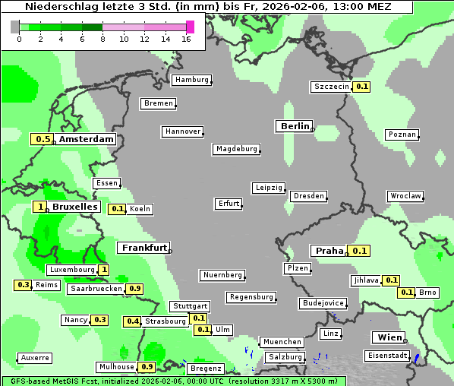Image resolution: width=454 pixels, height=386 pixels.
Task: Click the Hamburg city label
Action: pyautogui.click(x=191, y=80)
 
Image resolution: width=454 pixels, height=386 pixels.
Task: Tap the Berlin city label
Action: pyautogui.click(x=294, y=126)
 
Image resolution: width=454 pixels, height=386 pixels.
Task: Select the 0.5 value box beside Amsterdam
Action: pyautogui.click(x=43, y=139)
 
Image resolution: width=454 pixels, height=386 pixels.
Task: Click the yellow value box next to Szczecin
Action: pyautogui.click(x=362, y=87)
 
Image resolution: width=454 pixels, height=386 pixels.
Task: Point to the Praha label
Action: pyautogui.click(x=329, y=251)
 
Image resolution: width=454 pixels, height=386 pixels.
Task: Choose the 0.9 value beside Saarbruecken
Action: pyautogui.click(x=135, y=289)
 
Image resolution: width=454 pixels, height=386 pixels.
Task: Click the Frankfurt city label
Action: pyautogui.click(x=143, y=248)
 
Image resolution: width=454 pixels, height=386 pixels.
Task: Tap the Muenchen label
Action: pyautogui.click(x=282, y=342)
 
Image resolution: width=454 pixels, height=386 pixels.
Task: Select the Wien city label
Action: pyautogui.click(x=387, y=337)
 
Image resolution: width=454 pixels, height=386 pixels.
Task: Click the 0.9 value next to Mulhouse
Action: pyautogui.click(x=148, y=367)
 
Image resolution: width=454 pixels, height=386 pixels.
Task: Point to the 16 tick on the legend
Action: pyautogui.click(x=187, y=38)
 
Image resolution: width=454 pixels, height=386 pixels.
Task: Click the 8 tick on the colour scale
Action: pyautogui.click(x=102, y=38)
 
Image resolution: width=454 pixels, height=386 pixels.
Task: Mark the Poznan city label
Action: pyautogui.click(x=402, y=134)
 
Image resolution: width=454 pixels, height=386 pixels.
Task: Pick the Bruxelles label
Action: pyautogui.click(x=74, y=207)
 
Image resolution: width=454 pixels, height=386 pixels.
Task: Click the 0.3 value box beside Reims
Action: pyautogui.click(x=23, y=285)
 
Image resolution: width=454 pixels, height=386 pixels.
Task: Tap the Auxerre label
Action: pyautogui.click(x=35, y=357)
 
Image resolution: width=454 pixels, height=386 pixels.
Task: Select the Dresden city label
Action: pyautogui.click(x=309, y=196)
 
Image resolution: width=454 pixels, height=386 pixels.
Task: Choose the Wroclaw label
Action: pyautogui.click(x=405, y=196)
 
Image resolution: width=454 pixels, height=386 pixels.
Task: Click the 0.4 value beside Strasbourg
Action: pyautogui.click(x=133, y=321)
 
